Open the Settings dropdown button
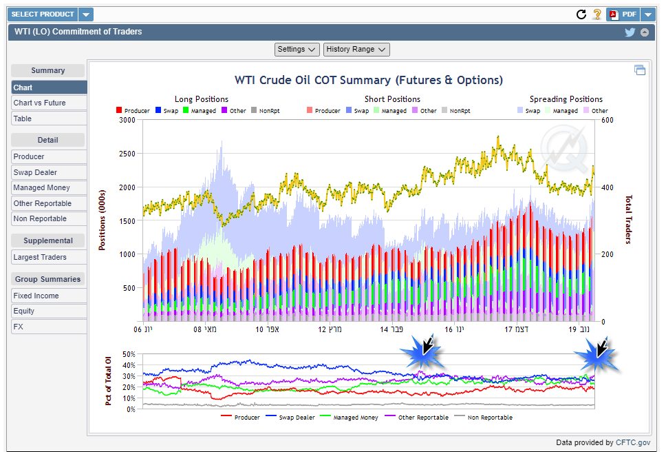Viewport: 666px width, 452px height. (x=297, y=49)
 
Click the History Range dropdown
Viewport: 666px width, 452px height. (x=356, y=49)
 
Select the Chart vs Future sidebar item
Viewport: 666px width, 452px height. (x=40, y=103)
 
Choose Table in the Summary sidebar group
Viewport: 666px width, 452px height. (x=23, y=119)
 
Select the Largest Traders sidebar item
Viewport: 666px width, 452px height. (x=40, y=257)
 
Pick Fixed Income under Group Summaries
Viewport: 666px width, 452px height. (x=36, y=296)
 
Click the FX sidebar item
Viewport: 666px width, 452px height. (x=19, y=327)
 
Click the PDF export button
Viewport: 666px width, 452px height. (x=623, y=14)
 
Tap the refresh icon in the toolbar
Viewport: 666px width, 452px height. (x=581, y=14)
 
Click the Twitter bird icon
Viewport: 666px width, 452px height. (x=630, y=32)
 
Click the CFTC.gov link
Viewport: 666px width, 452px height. (x=633, y=442)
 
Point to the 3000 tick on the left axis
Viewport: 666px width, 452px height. (x=127, y=120)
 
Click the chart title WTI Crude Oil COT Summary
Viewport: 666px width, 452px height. (x=369, y=80)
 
